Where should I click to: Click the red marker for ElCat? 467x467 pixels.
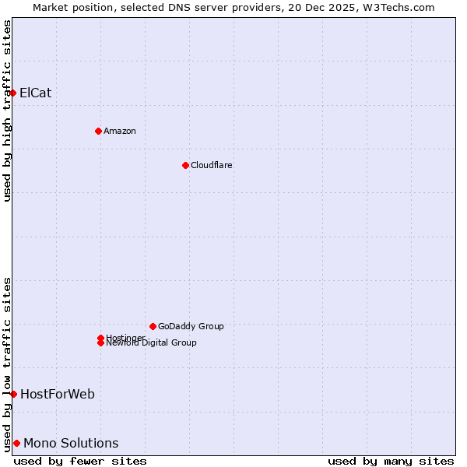pyautogui.click(x=12, y=93)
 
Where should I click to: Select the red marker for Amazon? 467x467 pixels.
pyautogui.click(x=98, y=131)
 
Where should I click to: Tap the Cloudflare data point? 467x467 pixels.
pyautogui.click(x=185, y=165)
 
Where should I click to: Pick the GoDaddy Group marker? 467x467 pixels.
pyautogui.click(x=153, y=326)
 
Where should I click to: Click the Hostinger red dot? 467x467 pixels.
pyautogui.click(x=100, y=338)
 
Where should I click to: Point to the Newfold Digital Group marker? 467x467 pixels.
pyautogui.click(x=100, y=343)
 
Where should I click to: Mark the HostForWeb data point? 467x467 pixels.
pyautogui.click(x=13, y=394)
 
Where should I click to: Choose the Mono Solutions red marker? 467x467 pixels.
pyautogui.click(x=16, y=443)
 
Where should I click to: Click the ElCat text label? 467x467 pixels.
pyautogui.click(x=35, y=93)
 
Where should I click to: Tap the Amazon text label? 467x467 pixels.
pyautogui.click(x=119, y=131)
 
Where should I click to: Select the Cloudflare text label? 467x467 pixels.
pyautogui.click(x=211, y=165)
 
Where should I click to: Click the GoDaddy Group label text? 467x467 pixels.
pyautogui.click(x=191, y=326)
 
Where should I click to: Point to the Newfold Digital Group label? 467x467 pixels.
pyautogui.click(x=151, y=343)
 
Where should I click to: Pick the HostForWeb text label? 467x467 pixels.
pyautogui.click(x=57, y=394)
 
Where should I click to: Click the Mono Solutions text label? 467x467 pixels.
pyautogui.click(x=71, y=443)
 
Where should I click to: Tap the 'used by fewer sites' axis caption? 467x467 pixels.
pyautogui.click(x=80, y=461)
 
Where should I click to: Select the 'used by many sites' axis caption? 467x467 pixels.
pyautogui.click(x=391, y=461)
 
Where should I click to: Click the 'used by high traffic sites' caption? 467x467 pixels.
pyautogui.click(x=7, y=111)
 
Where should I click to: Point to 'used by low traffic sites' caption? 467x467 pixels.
pyautogui.click(x=7, y=364)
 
